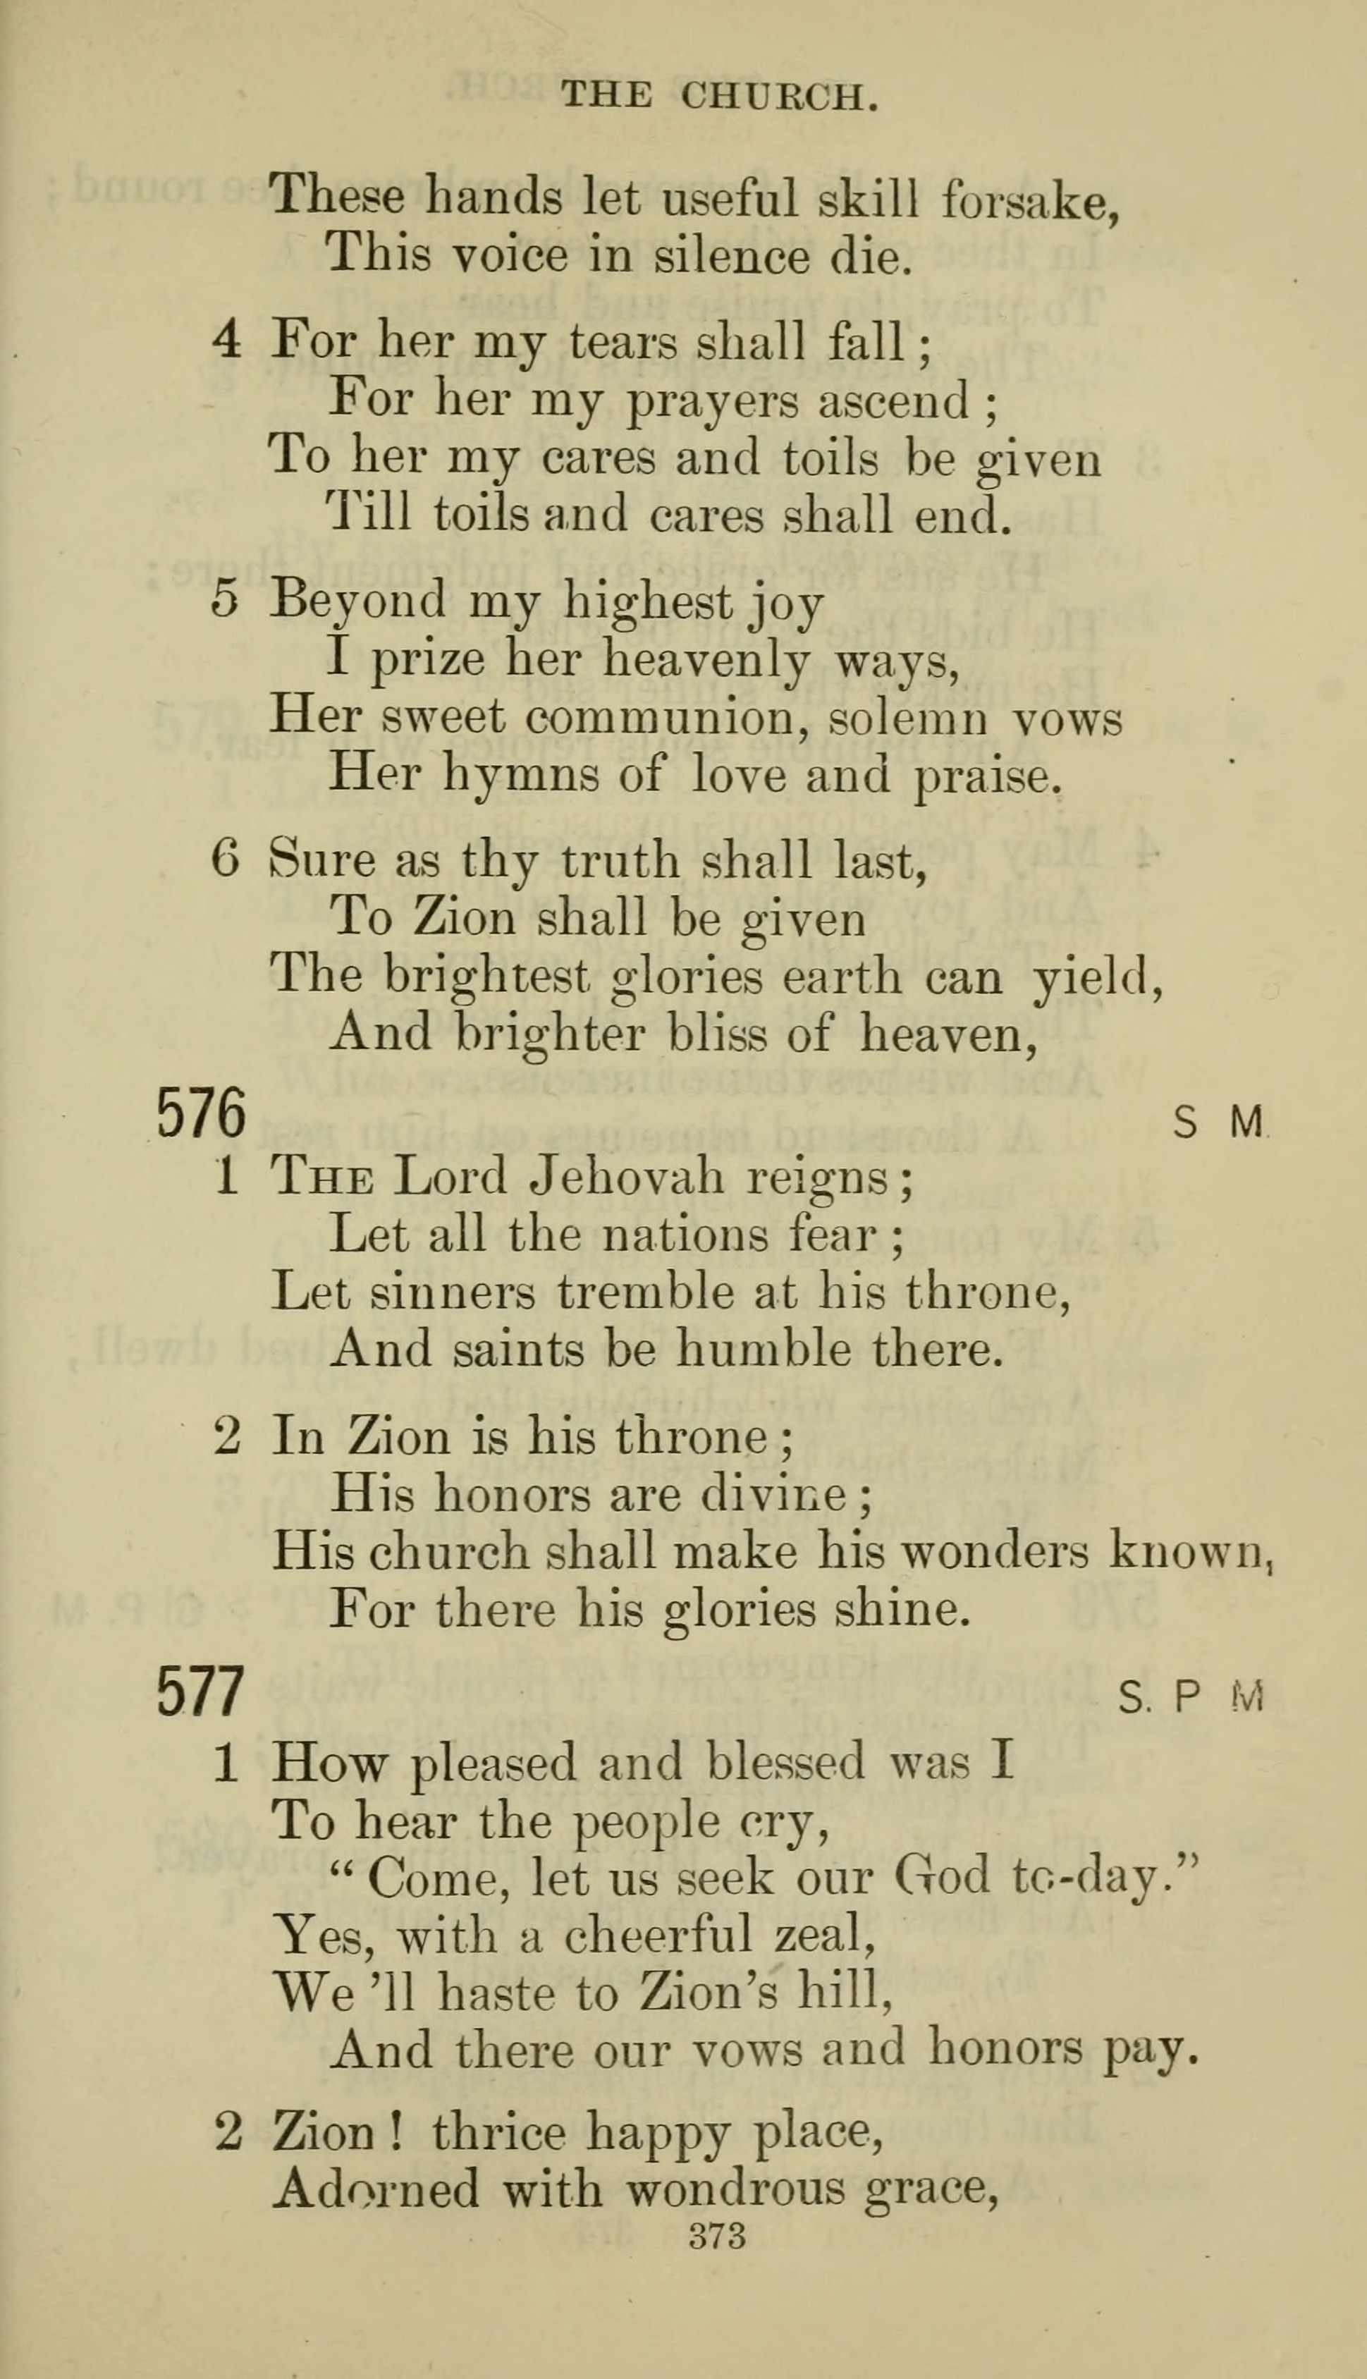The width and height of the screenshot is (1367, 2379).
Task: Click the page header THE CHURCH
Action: click(x=718, y=96)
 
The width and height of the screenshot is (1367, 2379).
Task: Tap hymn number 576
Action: click(x=200, y=1113)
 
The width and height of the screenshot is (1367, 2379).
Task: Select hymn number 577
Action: click(x=200, y=1691)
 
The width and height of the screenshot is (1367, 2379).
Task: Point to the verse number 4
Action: click(x=226, y=340)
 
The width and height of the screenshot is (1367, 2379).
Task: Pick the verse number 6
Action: click(x=226, y=860)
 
